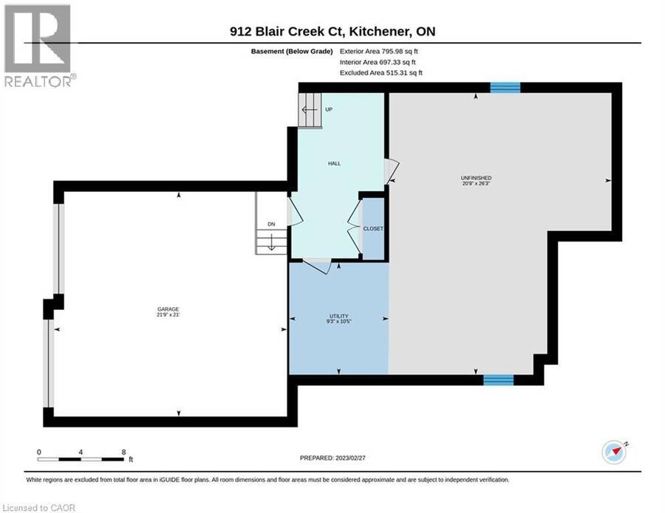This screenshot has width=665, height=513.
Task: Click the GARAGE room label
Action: [168, 309]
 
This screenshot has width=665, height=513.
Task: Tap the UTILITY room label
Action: [339, 316]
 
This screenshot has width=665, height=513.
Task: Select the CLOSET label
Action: [373, 228]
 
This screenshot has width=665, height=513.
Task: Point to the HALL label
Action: [334, 164]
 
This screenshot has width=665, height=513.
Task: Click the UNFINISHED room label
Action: [477, 178]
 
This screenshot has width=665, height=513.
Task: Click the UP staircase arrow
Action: [310, 110]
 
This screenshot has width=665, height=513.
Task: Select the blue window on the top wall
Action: [505, 87]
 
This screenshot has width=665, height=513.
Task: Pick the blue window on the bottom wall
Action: [499, 380]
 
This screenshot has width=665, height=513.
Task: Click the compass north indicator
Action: [615, 452]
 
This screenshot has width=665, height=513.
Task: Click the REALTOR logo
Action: [39, 46]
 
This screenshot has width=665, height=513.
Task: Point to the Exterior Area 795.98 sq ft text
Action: [379, 51]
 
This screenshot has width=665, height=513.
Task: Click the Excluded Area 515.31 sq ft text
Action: [381, 72]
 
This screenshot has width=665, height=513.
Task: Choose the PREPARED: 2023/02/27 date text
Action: [332, 458]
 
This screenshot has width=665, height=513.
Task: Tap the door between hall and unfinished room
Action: [392, 171]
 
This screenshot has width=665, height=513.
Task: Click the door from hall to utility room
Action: [317, 266]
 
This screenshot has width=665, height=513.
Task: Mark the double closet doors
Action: [355, 229]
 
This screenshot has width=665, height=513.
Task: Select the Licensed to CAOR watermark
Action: [38, 508]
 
